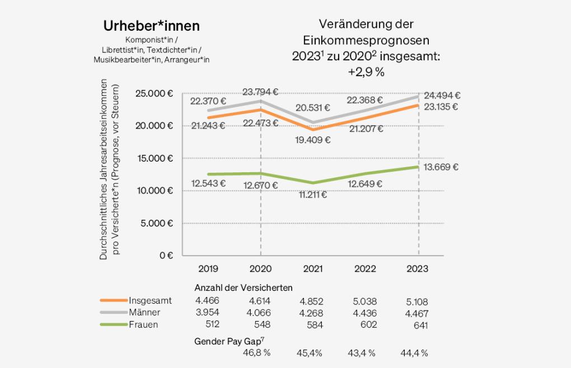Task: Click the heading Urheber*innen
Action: (x=152, y=26)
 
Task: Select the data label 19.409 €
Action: (x=312, y=140)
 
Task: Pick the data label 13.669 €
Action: (x=440, y=167)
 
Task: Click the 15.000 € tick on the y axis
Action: (x=154, y=158)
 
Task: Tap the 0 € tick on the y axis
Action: (x=166, y=256)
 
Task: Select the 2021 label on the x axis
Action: (x=312, y=269)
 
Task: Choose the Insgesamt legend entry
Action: (x=150, y=301)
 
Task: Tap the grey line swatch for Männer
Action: (x=113, y=313)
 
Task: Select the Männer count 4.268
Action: (x=313, y=313)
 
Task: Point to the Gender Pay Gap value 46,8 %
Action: (x=257, y=353)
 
